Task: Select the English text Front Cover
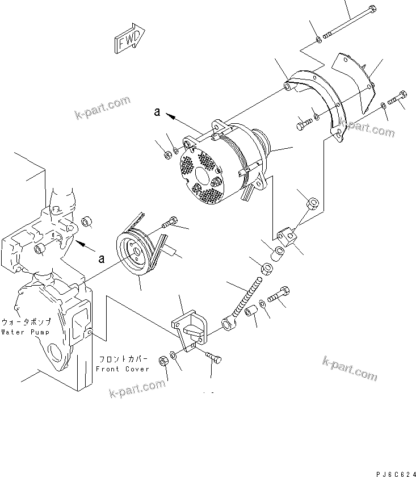(x=122, y=369)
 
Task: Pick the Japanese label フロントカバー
(x=124, y=359)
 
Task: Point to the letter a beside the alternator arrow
(x=157, y=112)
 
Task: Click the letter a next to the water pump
(x=102, y=259)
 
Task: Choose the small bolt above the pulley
(x=171, y=222)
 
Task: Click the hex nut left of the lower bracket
(x=161, y=360)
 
